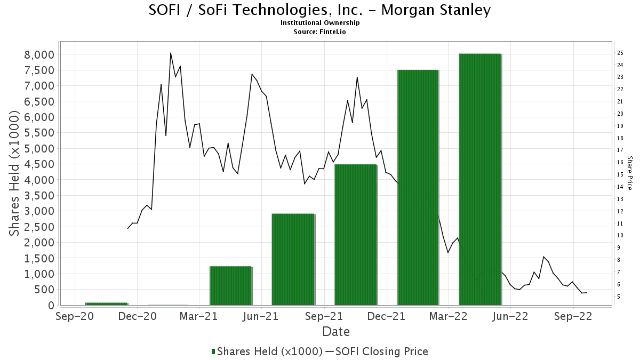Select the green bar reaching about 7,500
pyautogui.click(x=418, y=187)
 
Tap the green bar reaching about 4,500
pyautogui.click(x=355, y=235)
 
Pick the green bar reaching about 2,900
pyautogui.click(x=293, y=259)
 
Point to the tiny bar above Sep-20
pyautogui.click(x=106, y=303)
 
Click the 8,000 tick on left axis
pyautogui.click(x=39, y=54)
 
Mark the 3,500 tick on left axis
pyautogui.click(x=39, y=196)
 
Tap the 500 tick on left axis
pyautogui.click(x=45, y=290)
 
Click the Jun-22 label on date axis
pyautogui.click(x=510, y=316)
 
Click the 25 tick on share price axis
pyautogui.click(x=620, y=53)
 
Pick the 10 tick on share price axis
pyautogui.click(x=620, y=235)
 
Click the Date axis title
pyautogui.click(x=336, y=332)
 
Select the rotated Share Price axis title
pyautogui.click(x=629, y=173)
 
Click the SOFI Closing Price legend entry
pyautogui.click(x=380, y=351)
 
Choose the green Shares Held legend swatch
pyautogui.click(x=214, y=351)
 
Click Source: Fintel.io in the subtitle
pyautogui.click(x=320, y=31)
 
